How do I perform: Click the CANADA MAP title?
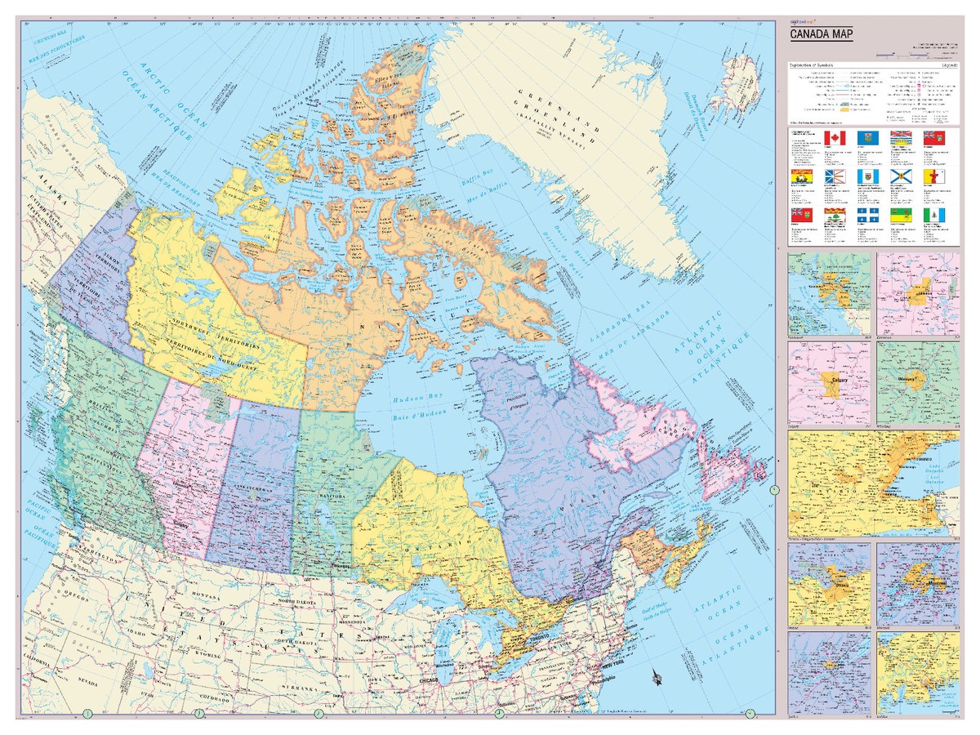(821, 34)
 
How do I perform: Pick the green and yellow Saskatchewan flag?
(902, 216)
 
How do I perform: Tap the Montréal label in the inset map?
(917, 572)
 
